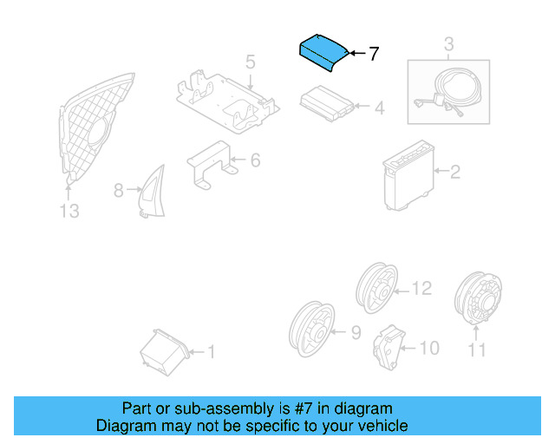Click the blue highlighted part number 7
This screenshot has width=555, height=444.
(323, 51)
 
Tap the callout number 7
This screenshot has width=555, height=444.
(374, 54)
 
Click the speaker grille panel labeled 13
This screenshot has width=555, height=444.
(97, 131)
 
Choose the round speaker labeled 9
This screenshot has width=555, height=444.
(310, 333)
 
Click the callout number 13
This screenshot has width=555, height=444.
(69, 211)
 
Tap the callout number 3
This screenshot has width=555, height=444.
(448, 44)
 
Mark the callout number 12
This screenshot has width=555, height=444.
(421, 288)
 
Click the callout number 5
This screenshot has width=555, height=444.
(250, 62)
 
